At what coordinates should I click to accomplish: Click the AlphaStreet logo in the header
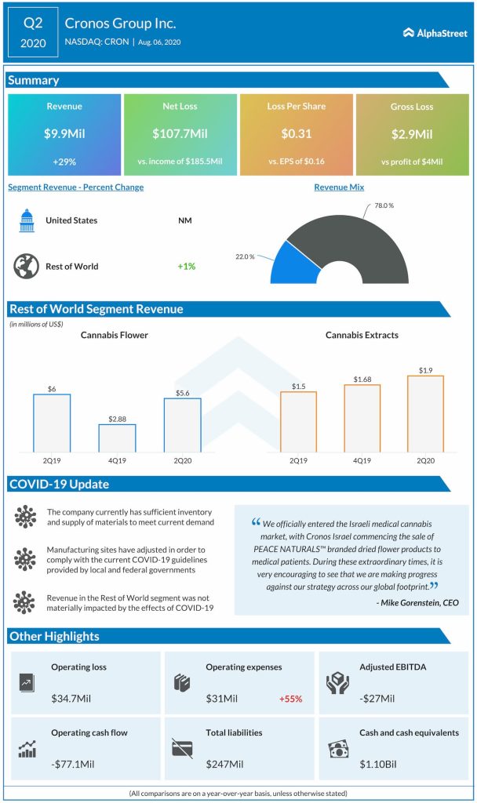point(435,33)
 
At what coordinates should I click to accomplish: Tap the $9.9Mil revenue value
point(64,134)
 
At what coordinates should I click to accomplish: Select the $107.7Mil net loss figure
point(180,134)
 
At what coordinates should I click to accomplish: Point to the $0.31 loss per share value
point(296,134)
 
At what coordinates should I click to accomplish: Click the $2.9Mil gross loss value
point(412,134)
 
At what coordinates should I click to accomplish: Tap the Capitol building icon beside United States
point(26,221)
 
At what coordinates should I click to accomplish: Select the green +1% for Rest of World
point(186,267)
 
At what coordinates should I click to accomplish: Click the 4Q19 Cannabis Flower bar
point(117,438)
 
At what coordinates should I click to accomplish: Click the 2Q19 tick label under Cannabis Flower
point(52,462)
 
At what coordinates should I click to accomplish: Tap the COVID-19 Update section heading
point(60,484)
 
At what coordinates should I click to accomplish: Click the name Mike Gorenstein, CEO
point(418,602)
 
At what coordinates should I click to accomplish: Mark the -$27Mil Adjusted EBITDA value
point(377,699)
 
